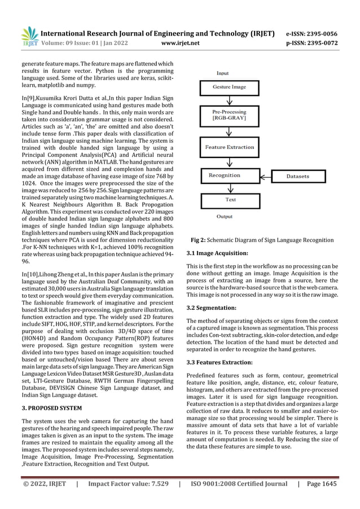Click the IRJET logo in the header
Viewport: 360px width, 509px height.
tap(29, 35)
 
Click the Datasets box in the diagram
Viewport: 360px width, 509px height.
tap(298, 176)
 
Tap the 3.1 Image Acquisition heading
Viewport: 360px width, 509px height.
tap(217, 253)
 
